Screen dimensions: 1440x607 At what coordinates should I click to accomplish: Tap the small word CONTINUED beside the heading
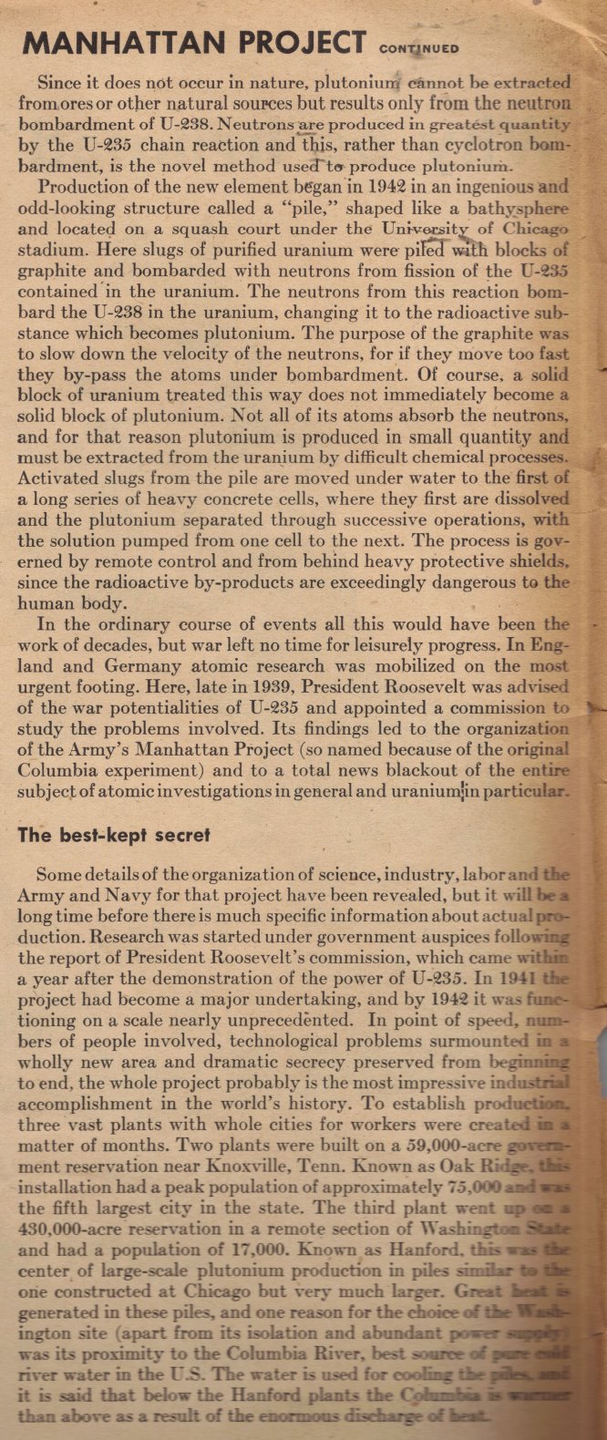(419, 48)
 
